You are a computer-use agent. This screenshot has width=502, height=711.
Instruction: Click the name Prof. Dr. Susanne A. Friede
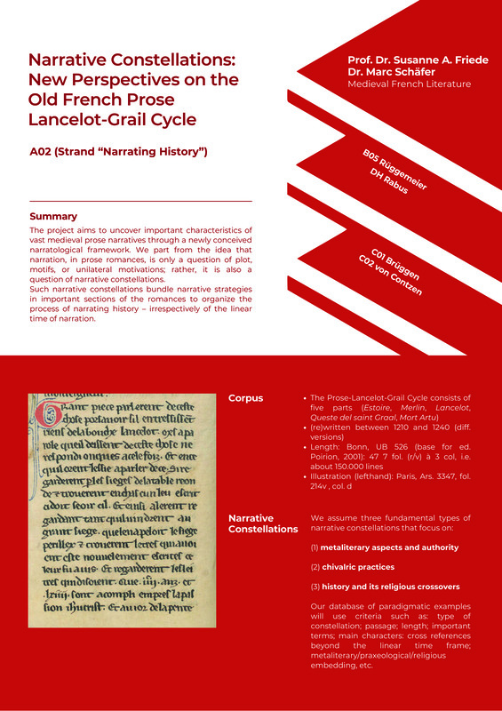pyautogui.click(x=418, y=60)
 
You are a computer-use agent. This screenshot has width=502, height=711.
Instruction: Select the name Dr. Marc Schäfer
pyautogui.click(x=391, y=72)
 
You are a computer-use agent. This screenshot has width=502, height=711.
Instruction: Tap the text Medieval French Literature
pyautogui.click(x=409, y=84)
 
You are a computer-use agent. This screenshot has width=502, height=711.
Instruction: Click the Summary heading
pyautogui.click(x=53, y=216)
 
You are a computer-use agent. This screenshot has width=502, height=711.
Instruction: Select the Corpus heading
pyautogui.click(x=246, y=398)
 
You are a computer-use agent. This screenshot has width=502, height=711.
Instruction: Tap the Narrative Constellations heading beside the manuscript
pyautogui.click(x=263, y=523)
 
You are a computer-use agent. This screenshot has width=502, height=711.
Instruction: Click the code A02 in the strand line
pyautogui.click(x=42, y=152)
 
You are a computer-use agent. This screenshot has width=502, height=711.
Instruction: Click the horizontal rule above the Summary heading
pyautogui.click(x=140, y=202)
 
